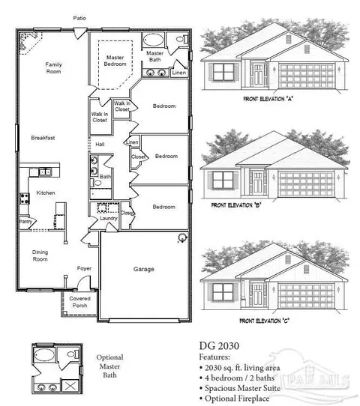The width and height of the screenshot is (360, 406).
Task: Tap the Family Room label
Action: pos(52,68)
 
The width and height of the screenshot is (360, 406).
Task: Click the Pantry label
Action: pos(25,222)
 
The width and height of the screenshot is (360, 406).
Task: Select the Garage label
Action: pos(143,268)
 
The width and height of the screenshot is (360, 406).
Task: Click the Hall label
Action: pos(100,144)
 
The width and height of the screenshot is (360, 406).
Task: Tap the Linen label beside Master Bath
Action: pos(178,73)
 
